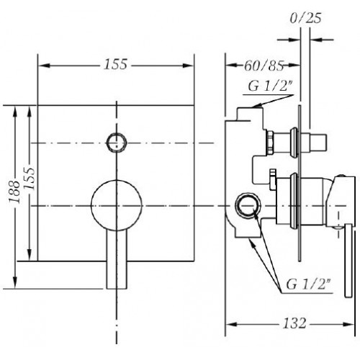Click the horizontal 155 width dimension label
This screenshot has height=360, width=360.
click(x=115, y=64)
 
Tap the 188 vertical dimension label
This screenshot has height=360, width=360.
click(x=14, y=192)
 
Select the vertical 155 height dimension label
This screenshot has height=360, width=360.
click(x=30, y=178)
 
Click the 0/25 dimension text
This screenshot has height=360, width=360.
click(x=305, y=18)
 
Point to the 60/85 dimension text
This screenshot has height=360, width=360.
click(x=264, y=66)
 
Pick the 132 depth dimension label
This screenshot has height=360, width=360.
click(x=294, y=323)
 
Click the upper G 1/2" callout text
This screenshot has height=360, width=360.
click(x=271, y=86)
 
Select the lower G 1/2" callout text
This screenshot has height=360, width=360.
click(x=308, y=284)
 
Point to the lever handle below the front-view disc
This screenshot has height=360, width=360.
click(x=117, y=260)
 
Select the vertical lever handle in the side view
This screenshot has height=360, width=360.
click(x=348, y=261)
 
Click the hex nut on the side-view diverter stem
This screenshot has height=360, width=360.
click(x=270, y=143)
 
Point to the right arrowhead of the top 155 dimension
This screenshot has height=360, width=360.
click(x=188, y=66)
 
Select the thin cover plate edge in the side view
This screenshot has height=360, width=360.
click(x=300, y=183)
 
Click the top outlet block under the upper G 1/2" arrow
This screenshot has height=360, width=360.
click(x=250, y=114)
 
